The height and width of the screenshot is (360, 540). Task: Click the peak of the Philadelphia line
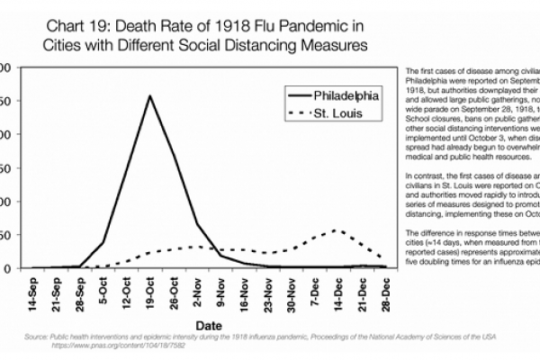point(149,95)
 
